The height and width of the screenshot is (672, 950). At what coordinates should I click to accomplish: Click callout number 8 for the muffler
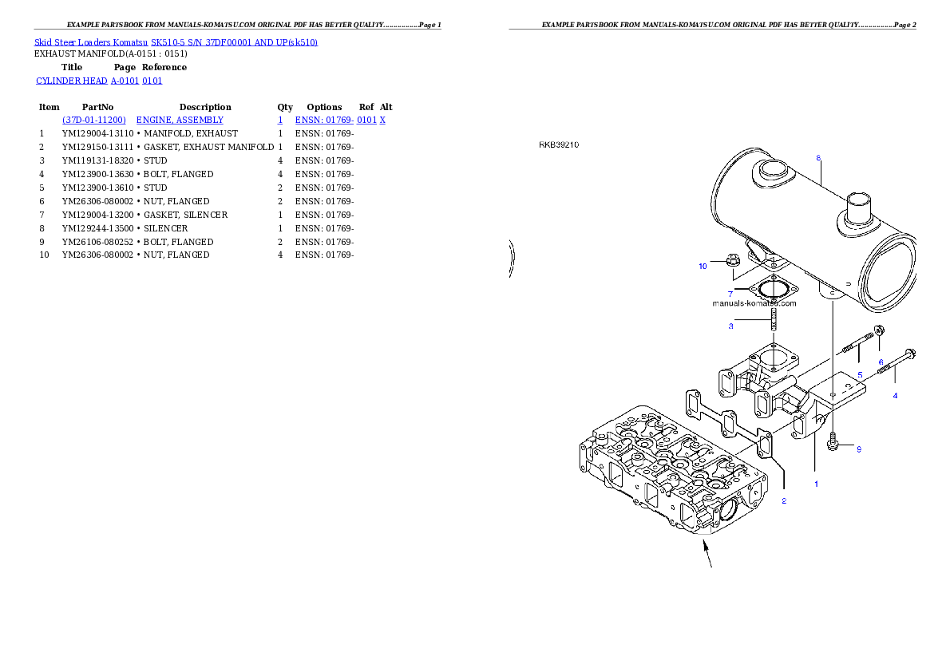[818, 158]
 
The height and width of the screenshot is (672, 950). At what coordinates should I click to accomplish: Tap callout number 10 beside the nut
[703, 267]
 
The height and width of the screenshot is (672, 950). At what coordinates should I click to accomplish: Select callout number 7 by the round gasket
[730, 294]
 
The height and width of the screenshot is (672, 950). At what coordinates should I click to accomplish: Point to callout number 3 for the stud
[730, 326]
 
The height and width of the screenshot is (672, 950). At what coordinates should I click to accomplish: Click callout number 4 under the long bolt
[895, 396]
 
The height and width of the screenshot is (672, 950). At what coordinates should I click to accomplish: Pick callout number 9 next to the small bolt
[859, 449]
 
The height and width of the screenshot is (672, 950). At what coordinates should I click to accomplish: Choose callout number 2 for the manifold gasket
[784, 501]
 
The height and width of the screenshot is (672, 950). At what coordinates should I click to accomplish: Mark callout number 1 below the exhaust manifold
[816, 484]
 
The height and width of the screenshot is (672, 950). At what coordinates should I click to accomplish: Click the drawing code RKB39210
[559, 145]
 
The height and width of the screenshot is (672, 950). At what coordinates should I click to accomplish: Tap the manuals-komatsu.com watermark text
[754, 303]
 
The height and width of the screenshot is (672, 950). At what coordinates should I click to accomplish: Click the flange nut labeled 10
[734, 259]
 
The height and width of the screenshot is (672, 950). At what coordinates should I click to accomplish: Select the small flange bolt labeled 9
[833, 440]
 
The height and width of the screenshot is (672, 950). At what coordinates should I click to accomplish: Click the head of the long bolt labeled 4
[911, 354]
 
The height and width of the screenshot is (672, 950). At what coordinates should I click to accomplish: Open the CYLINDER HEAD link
[100, 81]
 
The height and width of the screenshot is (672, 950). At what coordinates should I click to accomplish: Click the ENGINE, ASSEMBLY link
[180, 120]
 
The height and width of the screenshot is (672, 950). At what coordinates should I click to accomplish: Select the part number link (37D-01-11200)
[94, 120]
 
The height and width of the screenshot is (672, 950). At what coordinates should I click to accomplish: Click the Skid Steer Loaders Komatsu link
[176, 42]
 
